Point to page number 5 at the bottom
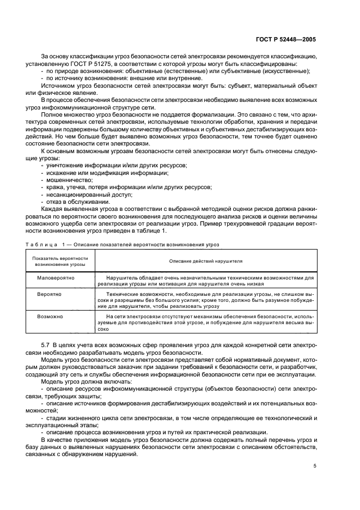click(x=315, y=465)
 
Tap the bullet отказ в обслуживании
click(x=75, y=201)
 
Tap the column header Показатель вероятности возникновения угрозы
click(x=60, y=260)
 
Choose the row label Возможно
click(x=50, y=316)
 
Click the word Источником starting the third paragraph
click(x=58, y=86)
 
